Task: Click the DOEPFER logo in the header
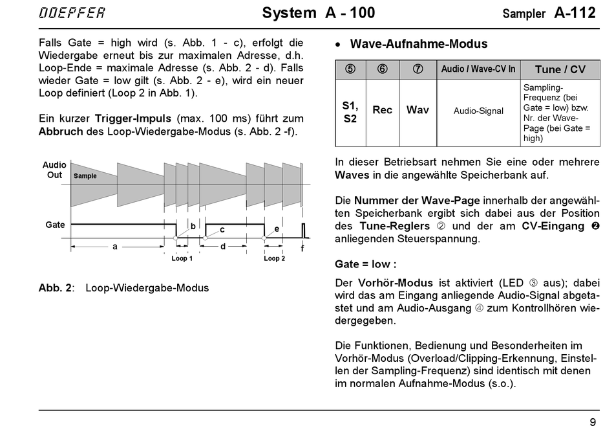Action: (x=72, y=14)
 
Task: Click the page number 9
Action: (x=592, y=420)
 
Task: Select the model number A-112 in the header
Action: (x=575, y=14)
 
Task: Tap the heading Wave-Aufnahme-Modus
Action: (x=418, y=44)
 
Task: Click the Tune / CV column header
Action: (x=560, y=69)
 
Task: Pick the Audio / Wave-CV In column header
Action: (x=478, y=69)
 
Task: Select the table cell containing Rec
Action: (x=382, y=110)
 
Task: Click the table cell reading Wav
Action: (x=418, y=110)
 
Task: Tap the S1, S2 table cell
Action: (x=350, y=111)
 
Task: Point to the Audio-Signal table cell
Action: (x=478, y=111)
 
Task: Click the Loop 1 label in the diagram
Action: (x=182, y=258)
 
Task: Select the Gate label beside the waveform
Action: (x=55, y=225)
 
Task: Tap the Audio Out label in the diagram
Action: (x=54, y=170)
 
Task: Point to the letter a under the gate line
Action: (x=114, y=247)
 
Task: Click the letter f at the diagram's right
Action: (x=302, y=249)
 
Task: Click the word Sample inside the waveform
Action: (x=85, y=175)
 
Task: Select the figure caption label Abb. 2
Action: (x=56, y=287)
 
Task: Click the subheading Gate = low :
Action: (x=365, y=264)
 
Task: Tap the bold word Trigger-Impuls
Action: (x=132, y=118)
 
